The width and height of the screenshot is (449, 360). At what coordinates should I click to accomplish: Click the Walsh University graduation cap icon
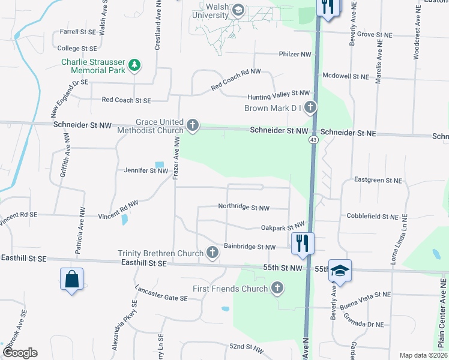tap(238, 10)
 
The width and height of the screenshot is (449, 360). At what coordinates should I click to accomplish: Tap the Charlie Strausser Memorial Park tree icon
tap(136, 65)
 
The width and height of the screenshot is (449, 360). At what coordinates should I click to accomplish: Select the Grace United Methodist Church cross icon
tap(192, 125)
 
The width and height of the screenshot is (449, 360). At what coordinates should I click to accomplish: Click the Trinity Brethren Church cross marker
tap(212, 253)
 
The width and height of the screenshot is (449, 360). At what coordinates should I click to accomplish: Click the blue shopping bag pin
tap(71, 279)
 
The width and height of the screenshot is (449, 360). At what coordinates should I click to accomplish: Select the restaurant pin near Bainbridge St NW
tap(302, 243)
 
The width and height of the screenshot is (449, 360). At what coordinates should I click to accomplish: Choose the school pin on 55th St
tap(340, 272)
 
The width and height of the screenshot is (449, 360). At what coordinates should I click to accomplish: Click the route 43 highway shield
tap(313, 140)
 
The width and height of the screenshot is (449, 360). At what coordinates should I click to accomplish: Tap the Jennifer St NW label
tap(146, 171)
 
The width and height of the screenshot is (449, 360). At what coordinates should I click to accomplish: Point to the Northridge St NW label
tap(243, 208)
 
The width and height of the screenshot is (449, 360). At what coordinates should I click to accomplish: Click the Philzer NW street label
tap(295, 55)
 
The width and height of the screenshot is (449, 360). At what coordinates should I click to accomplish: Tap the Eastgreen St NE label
tap(378, 180)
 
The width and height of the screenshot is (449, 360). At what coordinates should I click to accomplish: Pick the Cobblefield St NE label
tap(372, 216)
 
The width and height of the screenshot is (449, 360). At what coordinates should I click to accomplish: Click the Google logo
tap(20, 353)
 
